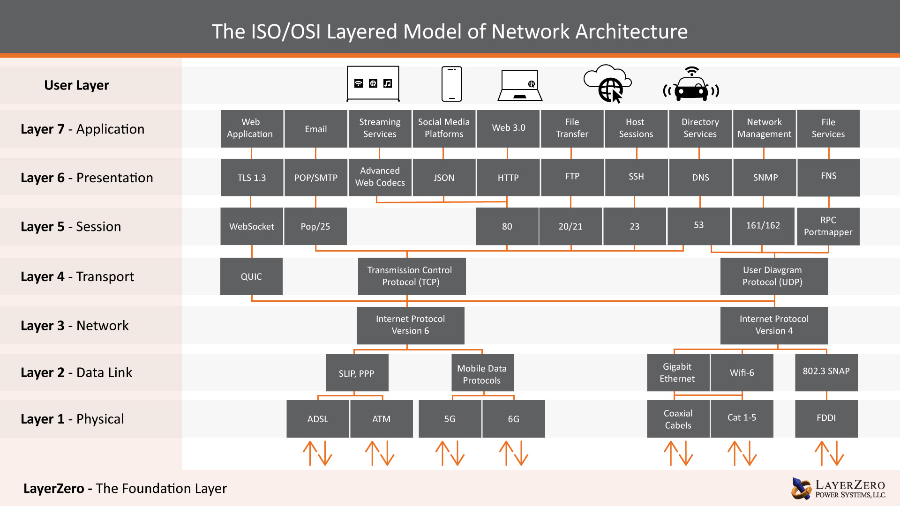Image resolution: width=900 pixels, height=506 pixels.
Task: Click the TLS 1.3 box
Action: point(252,178)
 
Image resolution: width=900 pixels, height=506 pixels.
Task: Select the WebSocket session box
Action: point(252,226)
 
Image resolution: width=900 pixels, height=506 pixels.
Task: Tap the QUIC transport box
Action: point(251,276)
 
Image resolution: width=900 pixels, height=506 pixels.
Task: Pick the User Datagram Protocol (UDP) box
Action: point(774,276)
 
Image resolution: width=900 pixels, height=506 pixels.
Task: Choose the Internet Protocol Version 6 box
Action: point(410,325)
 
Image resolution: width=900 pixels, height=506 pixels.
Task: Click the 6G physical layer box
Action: point(513,419)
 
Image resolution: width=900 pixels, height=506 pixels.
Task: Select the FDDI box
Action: point(826,418)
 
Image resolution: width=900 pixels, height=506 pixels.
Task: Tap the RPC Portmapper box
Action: point(828,226)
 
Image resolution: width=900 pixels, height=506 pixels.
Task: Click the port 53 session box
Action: point(698,226)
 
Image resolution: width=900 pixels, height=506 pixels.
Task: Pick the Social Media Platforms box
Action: point(444,128)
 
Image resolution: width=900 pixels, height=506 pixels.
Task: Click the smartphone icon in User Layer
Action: point(451,84)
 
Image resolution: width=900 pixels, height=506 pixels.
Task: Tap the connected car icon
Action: point(691,85)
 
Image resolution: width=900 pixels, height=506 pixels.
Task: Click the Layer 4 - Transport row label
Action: point(77,277)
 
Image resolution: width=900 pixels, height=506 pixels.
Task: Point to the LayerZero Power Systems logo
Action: point(838,489)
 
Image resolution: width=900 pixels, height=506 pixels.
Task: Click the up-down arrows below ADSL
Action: point(317,453)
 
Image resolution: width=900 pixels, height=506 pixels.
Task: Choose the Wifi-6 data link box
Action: point(742,372)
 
